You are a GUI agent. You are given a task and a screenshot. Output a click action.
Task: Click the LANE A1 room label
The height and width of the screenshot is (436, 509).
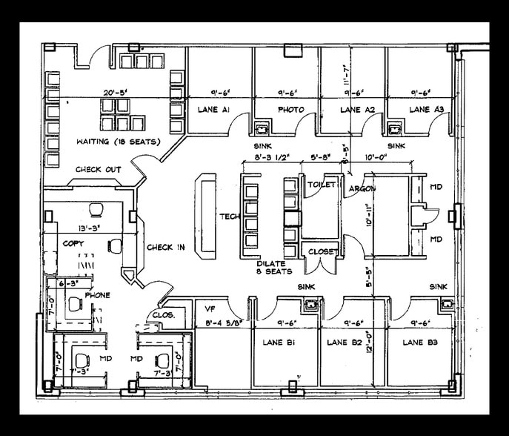(213, 110)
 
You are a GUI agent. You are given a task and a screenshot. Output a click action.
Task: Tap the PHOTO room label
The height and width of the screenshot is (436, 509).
(290, 110)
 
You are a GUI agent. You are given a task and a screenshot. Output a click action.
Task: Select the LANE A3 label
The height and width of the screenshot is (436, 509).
(426, 110)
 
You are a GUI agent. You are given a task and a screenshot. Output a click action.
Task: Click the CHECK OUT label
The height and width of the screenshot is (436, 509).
(98, 170)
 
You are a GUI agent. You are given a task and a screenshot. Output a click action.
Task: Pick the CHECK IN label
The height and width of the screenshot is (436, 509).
(165, 247)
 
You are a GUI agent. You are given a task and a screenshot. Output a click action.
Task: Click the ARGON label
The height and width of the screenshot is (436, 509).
(362, 189)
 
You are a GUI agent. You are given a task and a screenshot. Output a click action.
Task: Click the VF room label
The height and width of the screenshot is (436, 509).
(209, 308)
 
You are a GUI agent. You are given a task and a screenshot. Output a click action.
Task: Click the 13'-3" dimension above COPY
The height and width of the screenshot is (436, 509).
(89, 229)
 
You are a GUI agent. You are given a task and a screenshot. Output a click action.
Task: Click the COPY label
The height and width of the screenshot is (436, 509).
(73, 243)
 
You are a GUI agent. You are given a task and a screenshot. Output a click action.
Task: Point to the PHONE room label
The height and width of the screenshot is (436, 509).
(97, 295)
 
